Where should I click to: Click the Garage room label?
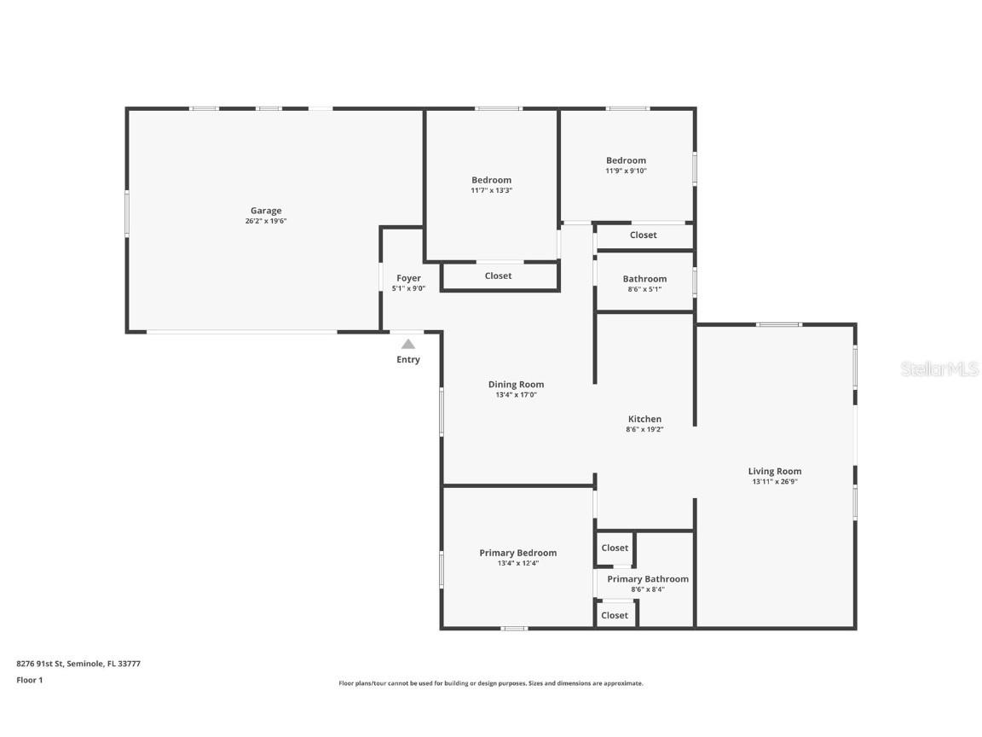coord(265,211)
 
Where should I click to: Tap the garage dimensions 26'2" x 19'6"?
coord(265,222)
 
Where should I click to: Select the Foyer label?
coord(408,278)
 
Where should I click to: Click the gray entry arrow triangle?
coord(408,344)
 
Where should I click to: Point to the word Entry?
coord(408,360)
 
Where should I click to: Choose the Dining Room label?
coord(516,384)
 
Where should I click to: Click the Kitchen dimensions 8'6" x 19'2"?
coord(644,430)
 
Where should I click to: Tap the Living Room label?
coord(775,471)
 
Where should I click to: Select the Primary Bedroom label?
coord(517,553)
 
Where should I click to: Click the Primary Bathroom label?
coord(648,578)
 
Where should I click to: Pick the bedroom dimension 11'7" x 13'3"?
coord(491,191)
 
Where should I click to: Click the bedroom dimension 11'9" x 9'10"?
coord(626,171)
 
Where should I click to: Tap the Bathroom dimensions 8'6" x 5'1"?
coord(644,289)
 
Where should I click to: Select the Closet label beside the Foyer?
coord(498,276)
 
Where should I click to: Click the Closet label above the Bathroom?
coord(644,235)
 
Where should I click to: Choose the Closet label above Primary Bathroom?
coord(615,548)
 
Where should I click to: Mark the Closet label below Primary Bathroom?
coord(615,615)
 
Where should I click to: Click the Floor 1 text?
coord(29,680)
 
